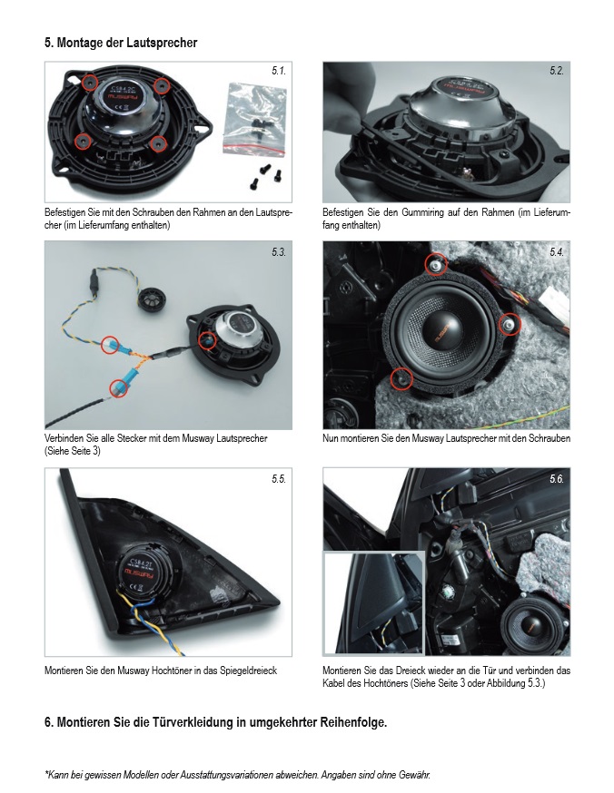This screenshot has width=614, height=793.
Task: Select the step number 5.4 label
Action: [x=557, y=252]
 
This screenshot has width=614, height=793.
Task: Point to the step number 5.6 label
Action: [x=557, y=479]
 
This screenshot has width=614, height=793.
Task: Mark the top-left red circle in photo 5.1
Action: [x=90, y=83]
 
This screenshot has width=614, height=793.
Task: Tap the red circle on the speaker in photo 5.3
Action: [x=207, y=339]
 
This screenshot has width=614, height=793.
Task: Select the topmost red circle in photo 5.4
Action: [x=437, y=263]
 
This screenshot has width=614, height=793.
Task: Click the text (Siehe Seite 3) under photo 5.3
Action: [x=75, y=450]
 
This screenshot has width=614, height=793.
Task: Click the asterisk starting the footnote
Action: [x=46, y=774]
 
